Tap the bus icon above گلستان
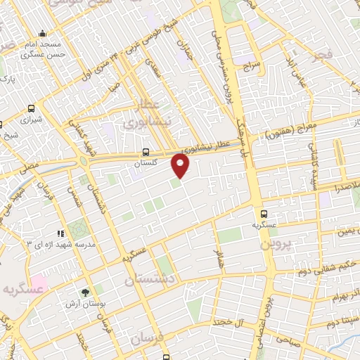point(146,151)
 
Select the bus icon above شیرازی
point(31,108)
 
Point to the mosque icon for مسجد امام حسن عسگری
point(43,33)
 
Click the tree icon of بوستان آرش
point(86,292)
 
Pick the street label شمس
point(74,186)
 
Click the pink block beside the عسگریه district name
point(39,285)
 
